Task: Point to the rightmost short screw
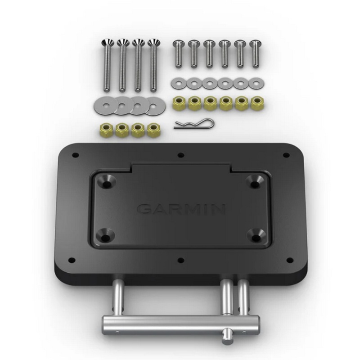255,52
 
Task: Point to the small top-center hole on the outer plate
180,155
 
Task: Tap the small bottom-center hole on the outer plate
180,260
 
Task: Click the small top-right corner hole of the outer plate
285,155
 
